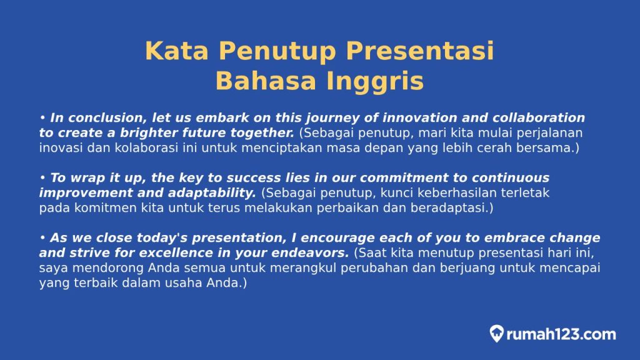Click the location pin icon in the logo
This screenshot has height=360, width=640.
click(497, 334)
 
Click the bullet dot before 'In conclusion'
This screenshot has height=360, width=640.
click(42, 118)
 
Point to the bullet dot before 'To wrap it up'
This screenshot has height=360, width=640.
click(42, 178)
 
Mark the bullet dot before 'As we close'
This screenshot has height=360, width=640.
click(42, 238)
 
